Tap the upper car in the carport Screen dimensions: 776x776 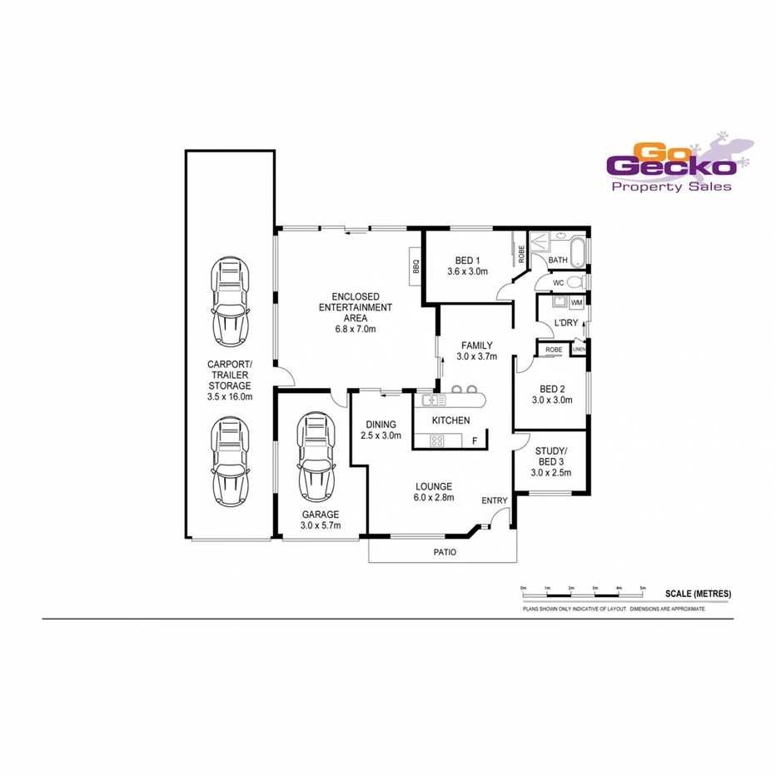231,302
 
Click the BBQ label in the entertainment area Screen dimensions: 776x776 415,267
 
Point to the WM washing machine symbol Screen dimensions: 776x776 576,302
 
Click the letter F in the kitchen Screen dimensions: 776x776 475,440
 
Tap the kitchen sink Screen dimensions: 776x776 434,400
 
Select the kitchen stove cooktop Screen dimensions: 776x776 436,440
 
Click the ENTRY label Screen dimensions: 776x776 494,500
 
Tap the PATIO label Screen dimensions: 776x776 443,551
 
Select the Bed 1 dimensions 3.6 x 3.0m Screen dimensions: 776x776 467,271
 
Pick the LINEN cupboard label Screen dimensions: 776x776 579,350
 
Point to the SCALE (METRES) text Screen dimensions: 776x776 698,594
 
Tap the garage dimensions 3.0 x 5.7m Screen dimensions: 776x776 320,526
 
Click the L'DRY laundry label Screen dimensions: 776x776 566,323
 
